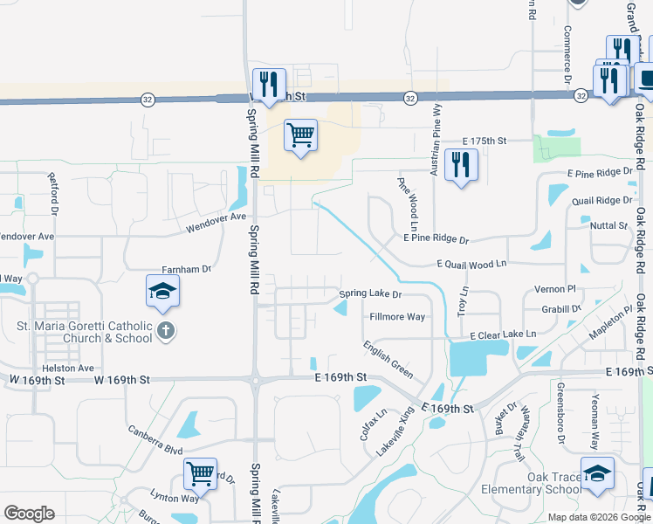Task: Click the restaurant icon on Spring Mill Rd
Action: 269,85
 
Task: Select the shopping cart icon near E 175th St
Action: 300,135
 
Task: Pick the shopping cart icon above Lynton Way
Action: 201,474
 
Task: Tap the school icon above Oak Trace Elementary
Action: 598,474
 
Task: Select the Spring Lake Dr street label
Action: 369,294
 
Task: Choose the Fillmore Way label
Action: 397,316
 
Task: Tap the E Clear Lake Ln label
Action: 503,334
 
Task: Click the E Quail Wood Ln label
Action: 471,264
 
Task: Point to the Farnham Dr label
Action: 187,270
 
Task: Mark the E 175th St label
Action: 485,141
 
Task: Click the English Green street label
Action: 388,358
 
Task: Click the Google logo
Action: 30,514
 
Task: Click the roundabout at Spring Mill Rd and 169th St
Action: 255,380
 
